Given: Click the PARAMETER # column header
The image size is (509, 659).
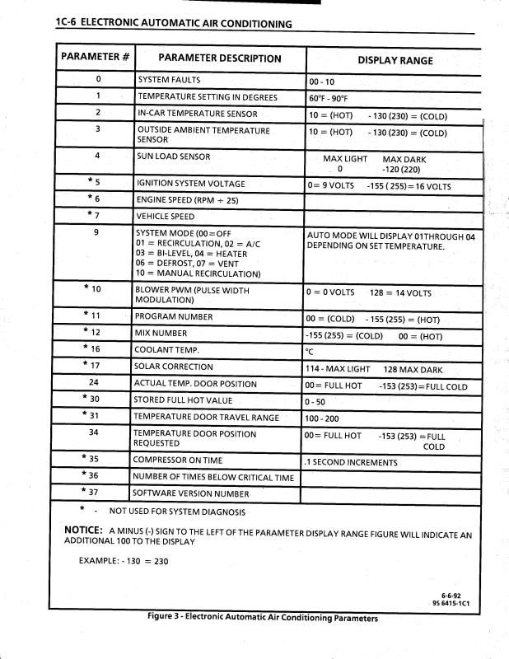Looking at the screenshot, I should pos(94,58).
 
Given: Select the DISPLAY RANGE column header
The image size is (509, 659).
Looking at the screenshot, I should pos(395,60).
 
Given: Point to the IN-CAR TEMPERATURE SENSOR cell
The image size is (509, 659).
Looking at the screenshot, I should pos(197,114).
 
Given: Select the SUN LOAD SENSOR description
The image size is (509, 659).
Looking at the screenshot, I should pos(174,157).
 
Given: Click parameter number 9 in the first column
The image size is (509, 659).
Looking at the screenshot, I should pos(98,232).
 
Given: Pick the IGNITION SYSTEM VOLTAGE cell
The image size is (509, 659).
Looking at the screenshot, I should pos(190,184).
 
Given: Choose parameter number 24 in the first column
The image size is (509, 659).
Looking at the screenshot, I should pos(94,383).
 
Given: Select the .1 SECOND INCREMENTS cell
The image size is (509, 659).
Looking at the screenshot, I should pos(351,462).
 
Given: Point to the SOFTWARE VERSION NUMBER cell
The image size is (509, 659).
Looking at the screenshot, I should pos(191,493).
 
